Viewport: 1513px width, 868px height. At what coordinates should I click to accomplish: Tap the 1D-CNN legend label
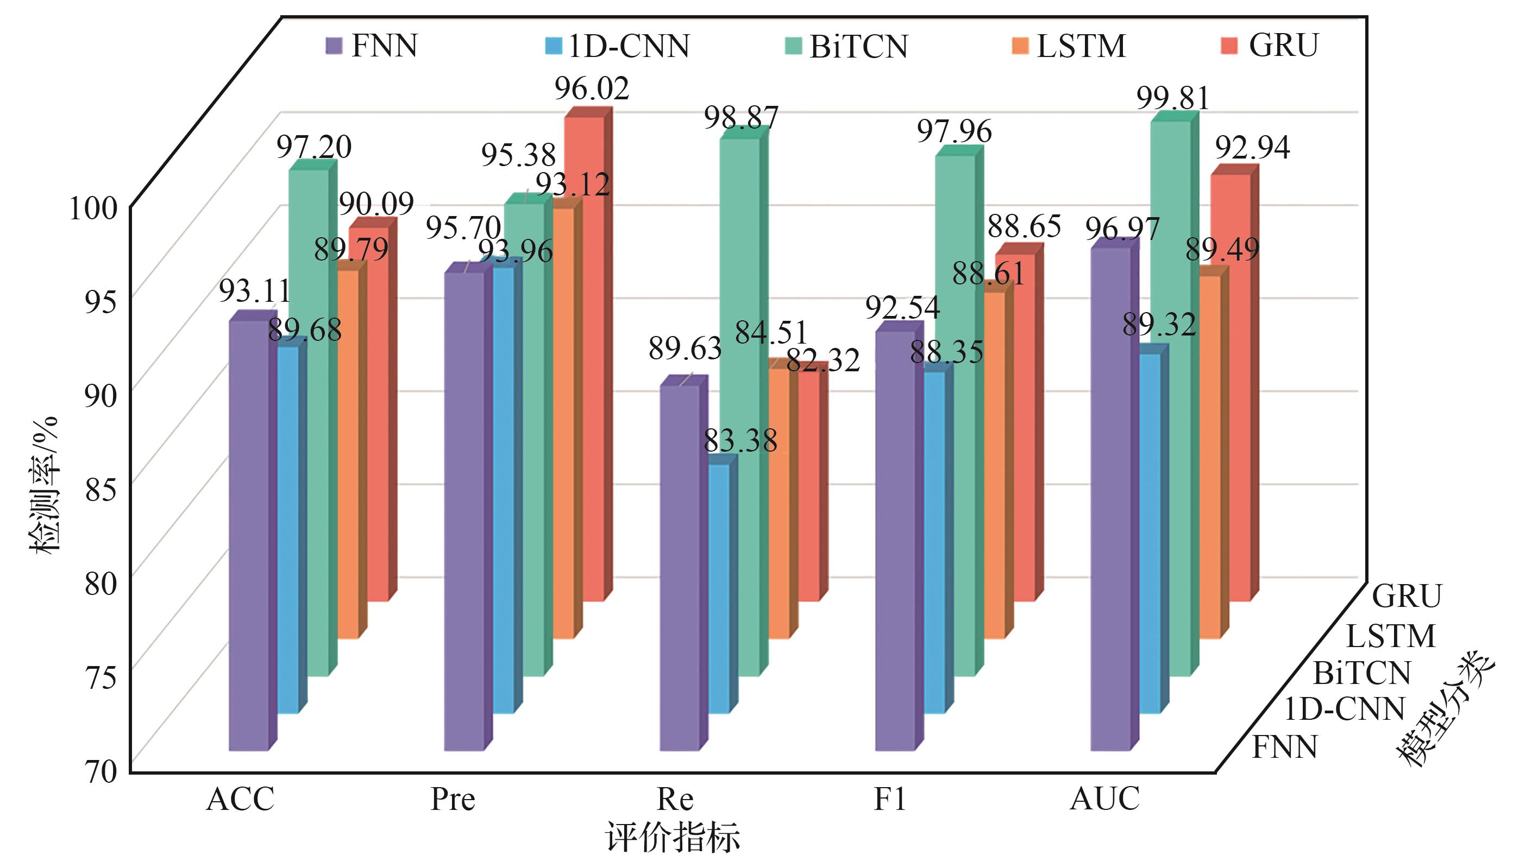tap(628, 46)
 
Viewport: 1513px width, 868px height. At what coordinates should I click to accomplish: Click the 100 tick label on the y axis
tap(93, 208)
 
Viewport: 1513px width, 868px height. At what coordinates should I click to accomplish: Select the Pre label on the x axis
tap(453, 800)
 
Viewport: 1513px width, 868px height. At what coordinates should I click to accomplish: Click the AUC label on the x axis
tap(1104, 800)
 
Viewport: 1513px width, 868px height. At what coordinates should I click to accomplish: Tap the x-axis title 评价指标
tap(673, 837)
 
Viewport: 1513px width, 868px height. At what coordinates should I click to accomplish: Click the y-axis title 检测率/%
tap(45, 485)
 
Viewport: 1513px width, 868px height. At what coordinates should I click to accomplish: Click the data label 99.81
tap(1173, 98)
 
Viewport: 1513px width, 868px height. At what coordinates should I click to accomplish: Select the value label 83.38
tap(740, 442)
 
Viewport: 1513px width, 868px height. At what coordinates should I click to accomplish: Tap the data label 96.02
tap(592, 90)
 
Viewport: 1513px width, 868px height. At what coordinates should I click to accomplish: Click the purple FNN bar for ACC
tap(248, 536)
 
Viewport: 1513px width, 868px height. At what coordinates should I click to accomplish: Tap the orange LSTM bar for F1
tap(994, 465)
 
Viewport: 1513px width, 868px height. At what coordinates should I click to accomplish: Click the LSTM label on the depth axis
tap(1391, 637)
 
